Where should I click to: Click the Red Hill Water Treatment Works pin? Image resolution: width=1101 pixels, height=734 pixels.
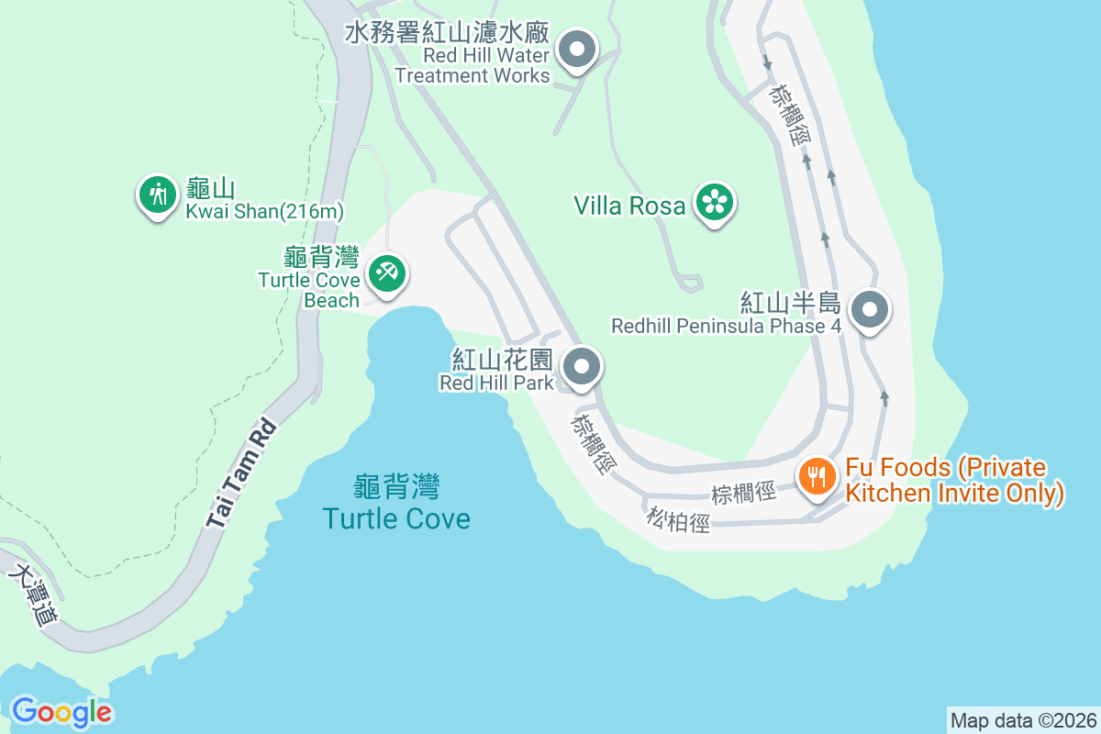point(578,50)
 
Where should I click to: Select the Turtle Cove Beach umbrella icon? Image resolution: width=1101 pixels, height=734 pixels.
point(387,273)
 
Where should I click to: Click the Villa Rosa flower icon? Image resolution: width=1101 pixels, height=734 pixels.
point(714,204)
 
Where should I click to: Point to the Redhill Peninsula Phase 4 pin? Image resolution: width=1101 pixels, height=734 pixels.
point(869,310)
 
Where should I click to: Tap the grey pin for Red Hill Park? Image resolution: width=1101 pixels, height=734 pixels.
point(581,368)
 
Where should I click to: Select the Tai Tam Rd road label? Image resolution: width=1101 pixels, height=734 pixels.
point(241,473)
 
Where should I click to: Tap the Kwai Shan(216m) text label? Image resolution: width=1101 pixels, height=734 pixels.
point(264,212)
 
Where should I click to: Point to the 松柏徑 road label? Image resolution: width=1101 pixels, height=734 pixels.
point(678,520)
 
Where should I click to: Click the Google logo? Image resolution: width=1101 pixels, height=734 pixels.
point(61,711)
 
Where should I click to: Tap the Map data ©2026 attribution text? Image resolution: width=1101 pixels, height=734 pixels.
point(1023,720)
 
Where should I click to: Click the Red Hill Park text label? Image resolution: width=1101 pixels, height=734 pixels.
point(496,382)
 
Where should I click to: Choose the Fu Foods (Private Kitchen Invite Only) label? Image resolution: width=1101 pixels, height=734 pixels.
point(954,481)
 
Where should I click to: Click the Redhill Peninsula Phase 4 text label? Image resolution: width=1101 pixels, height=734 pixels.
point(726,326)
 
